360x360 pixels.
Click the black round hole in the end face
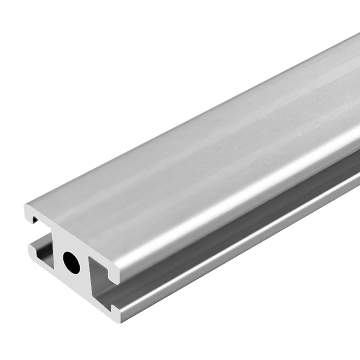pos(72,263)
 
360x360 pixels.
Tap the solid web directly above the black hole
pos(70,240)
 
